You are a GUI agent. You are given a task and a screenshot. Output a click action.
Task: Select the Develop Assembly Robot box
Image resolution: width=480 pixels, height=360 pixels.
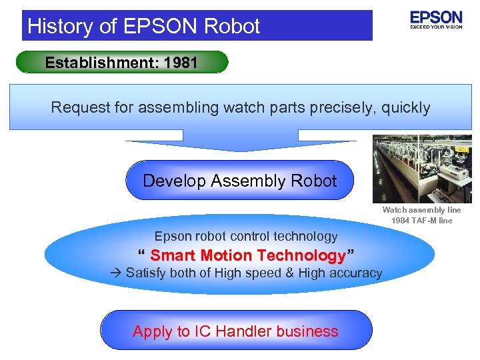(239, 181)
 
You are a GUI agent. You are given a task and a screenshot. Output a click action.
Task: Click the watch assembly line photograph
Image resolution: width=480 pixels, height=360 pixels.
(422, 169)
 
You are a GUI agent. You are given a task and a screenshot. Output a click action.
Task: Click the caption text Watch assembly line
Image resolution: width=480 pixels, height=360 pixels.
(421, 211)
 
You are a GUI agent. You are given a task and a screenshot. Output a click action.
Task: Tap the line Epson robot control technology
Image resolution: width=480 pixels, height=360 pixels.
(246, 236)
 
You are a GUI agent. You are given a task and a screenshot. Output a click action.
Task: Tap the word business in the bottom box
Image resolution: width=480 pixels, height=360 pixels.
(310, 331)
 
